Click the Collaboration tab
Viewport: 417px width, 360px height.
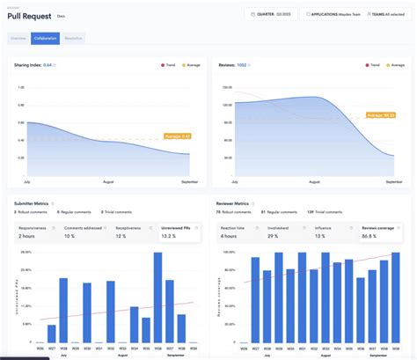pyautogui.click(x=45, y=39)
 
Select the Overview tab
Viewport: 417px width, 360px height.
pyautogui.click(x=18, y=39)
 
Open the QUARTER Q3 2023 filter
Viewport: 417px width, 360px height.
pyautogui.click(x=272, y=14)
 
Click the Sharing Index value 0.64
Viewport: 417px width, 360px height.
pyautogui.click(x=48, y=65)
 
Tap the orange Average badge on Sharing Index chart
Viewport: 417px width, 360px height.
pyautogui.click(x=178, y=136)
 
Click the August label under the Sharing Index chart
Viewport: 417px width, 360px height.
pyautogui.click(x=108, y=181)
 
